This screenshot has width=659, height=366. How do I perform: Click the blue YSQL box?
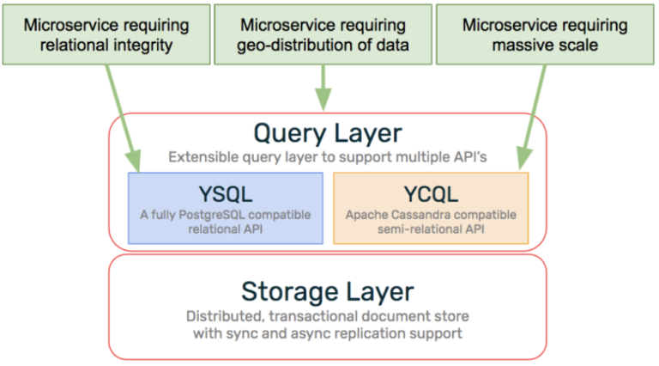(x=226, y=208)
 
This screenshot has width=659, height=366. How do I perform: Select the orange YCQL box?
(x=431, y=208)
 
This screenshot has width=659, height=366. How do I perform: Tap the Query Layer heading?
(x=328, y=134)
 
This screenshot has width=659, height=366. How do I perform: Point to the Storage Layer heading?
(x=328, y=291)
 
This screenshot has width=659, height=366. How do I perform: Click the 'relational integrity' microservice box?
(x=106, y=34)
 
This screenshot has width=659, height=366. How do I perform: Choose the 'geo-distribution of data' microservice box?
(x=323, y=34)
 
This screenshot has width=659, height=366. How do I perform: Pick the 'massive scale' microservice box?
(x=545, y=34)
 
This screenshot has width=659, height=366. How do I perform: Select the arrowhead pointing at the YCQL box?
(x=524, y=159)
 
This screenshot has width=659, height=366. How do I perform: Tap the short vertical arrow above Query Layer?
(x=323, y=88)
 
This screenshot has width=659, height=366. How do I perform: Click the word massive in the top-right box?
(x=520, y=45)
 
